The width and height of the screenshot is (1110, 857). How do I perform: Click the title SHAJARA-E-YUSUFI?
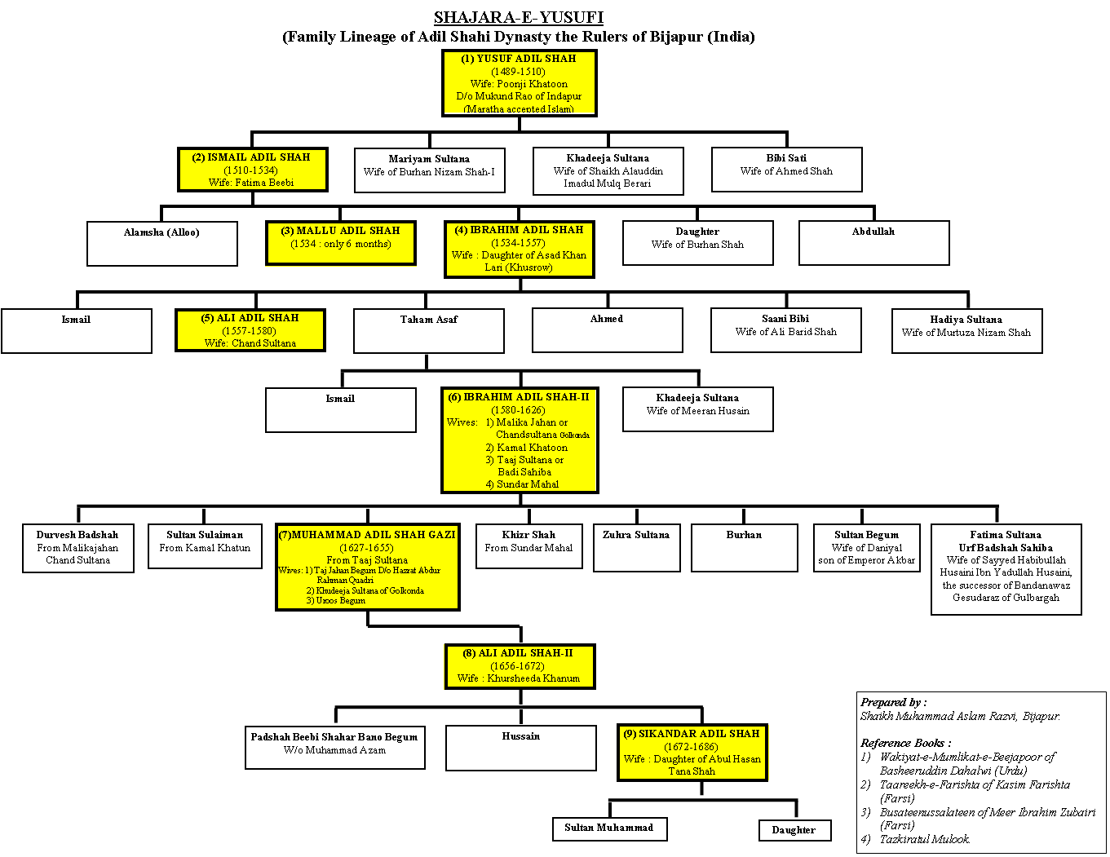[518, 17]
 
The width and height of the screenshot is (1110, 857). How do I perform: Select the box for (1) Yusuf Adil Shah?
[519, 82]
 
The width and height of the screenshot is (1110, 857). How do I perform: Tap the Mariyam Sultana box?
[429, 170]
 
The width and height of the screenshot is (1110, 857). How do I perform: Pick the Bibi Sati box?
[786, 169]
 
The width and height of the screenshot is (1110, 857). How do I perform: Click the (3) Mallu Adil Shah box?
[341, 243]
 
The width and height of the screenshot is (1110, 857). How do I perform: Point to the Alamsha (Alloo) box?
[161, 243]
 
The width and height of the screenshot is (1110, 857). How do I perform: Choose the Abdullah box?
[873, 242]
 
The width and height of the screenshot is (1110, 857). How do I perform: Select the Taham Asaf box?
[428, 330]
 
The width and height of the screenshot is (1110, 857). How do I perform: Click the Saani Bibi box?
[785, 329]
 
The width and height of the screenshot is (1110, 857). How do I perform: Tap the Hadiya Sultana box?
[966, 330]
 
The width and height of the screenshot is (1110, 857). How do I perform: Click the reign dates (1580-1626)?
[518, 410]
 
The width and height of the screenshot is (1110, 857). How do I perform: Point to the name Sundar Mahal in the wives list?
[528, 484]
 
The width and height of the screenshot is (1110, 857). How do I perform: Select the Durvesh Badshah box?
[77, 548]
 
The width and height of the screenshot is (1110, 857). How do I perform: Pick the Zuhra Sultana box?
[636, 547]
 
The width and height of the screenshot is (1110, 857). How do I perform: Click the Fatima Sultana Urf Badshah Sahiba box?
[1006, 568]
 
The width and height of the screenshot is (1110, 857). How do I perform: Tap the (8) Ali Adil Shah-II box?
[520, 666]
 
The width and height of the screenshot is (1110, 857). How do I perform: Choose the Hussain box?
[520, 747]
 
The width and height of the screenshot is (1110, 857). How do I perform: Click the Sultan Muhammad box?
[609, 828]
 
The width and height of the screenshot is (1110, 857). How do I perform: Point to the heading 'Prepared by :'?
[894, 702]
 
